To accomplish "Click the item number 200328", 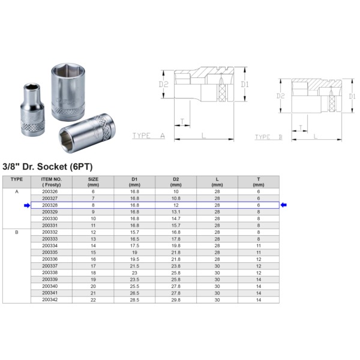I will (51, 205).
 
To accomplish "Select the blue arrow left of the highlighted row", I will (26, 205).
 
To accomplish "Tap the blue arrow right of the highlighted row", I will (284, 205).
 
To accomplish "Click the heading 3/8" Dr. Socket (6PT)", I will (47, 166).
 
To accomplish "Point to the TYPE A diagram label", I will (148, 136).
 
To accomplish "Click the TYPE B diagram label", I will (268, 137).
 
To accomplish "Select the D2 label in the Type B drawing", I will (280, 95).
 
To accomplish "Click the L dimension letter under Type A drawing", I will (204, 136).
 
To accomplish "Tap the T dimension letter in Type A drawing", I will (181, 121).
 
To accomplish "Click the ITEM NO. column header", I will (51, 182).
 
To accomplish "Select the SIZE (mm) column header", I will (93, 182).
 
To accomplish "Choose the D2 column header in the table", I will (176, 182).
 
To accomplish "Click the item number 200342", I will (51, 299).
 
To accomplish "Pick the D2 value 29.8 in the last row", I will (176, 299).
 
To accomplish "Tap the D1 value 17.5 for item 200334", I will (134, 245).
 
